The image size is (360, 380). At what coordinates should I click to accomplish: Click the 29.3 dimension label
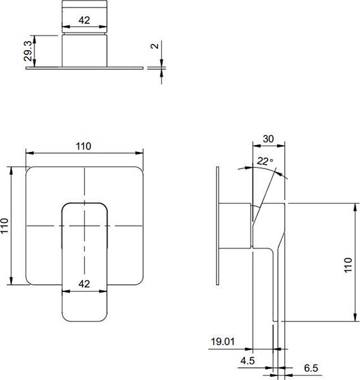[28, 51]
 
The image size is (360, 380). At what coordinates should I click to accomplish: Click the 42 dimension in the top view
[84, 20]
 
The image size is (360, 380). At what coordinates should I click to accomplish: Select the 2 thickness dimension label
[154, 46]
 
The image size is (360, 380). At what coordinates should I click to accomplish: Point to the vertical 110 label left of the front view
[4, 225]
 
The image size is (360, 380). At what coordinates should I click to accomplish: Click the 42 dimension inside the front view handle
[84, 284]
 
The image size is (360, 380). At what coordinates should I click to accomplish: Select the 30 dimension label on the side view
[268, 139]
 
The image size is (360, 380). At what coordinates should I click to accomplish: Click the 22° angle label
[265, 161]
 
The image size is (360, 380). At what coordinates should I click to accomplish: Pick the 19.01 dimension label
[223, 342]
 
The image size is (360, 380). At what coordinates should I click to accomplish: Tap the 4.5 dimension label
[247, 361]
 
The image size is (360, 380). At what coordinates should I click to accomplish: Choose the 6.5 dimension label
[311, 368]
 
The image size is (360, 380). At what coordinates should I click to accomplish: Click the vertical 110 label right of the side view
[348, 265]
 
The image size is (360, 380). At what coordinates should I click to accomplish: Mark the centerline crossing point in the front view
[85, 226]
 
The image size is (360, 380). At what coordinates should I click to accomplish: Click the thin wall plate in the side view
[218, 225]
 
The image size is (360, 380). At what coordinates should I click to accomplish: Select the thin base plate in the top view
[85, 68]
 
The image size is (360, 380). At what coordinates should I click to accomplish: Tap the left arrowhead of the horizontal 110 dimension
[29, 153]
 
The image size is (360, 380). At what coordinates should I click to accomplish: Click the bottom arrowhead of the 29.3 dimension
[34, 63]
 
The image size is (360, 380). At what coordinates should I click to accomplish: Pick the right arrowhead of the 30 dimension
[281, 146]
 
